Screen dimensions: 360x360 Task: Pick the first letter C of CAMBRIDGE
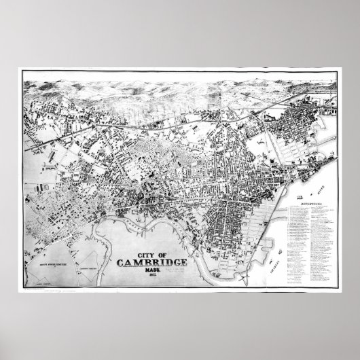point(122,265)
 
